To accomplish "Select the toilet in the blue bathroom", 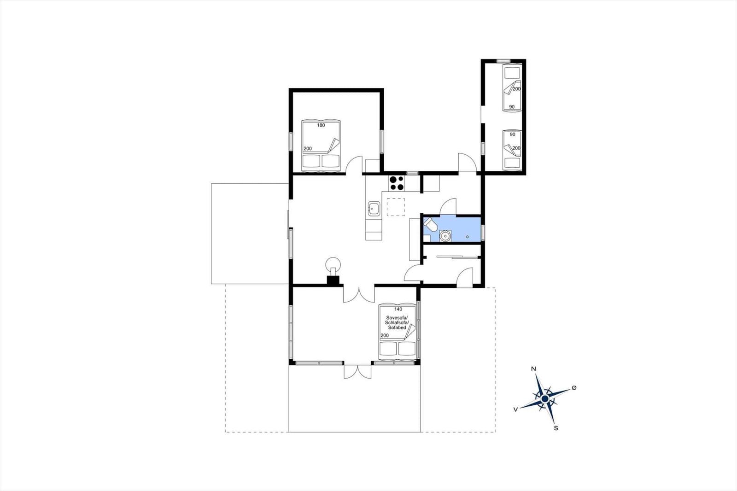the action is pos(430,224).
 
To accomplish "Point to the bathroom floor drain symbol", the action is pos(467,237).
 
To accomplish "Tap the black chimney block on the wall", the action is pos(333,280).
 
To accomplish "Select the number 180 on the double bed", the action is pos(321,125).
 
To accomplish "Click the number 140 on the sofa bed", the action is pos(398,309).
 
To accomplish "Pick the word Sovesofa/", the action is pos(397,317).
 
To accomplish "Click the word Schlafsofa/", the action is pos(397,323).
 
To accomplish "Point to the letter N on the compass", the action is pos(534,369).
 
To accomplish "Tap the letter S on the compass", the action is pos(556,428).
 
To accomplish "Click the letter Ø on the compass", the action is pos(574,388).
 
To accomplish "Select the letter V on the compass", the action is pos(515,409).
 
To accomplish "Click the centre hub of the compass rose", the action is pos(545,399).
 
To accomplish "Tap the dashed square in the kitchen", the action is pos(396,207).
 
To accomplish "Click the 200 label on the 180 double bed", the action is pos(308,148).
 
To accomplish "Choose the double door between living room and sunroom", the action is pos(359,294).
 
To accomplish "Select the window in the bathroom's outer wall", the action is pos(483,232).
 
